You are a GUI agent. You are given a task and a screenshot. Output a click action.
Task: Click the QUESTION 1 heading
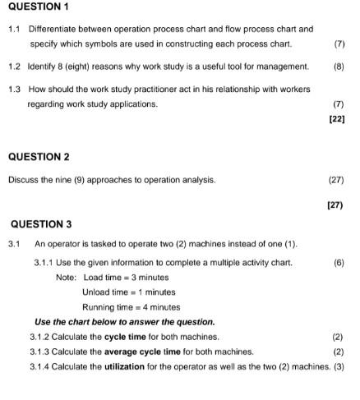coord(39,8)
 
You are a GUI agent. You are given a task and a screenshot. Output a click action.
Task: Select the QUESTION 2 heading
coord(39,156)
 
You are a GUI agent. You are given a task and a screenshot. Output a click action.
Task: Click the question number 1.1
coord(14,29)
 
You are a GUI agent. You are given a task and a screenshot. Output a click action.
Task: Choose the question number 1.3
coord(14,89)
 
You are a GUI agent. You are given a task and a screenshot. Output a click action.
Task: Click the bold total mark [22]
coord(336,119)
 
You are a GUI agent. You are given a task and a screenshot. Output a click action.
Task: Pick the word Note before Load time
coord(66,277)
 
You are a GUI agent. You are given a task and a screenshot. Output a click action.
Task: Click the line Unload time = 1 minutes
coord(129,292)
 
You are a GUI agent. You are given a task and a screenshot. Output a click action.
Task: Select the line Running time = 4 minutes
coord(132,306)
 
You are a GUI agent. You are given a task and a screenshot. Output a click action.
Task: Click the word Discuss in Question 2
coord(24,179)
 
